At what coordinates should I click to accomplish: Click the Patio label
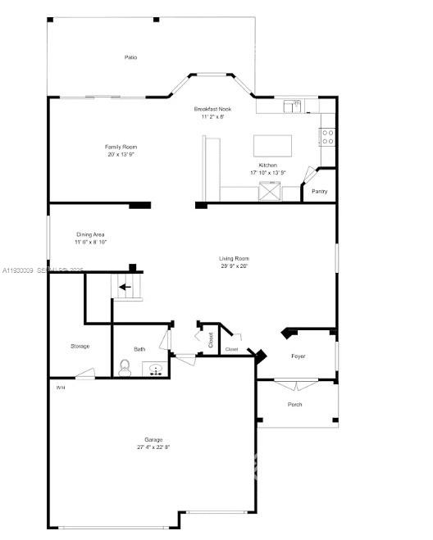[x=130, y=57]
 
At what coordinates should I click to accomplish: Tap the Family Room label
[x=119, y=147]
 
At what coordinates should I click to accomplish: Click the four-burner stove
[x=327, y=136]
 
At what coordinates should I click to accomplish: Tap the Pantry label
[x=319, y=191]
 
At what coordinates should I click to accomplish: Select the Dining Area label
[x=91, y=235]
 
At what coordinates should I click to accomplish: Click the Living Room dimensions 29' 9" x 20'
[x=234, y=265]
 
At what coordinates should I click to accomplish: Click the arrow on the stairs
[x=125, y=287]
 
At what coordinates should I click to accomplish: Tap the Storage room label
[x=80, y=346]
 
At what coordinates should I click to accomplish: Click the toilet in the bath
[x=125, y=366]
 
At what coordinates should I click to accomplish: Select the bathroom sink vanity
[x=154, y=369]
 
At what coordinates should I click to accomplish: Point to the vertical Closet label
[x=211, y=340]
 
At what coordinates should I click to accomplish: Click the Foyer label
[x=299, y=356]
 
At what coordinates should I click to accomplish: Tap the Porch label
[x=294, y=404]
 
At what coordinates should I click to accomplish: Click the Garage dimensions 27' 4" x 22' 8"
[x=153, y=447]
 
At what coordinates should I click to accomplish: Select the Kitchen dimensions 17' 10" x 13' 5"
[x=268, y=173]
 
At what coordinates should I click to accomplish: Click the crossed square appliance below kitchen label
[x=268, y=193]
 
